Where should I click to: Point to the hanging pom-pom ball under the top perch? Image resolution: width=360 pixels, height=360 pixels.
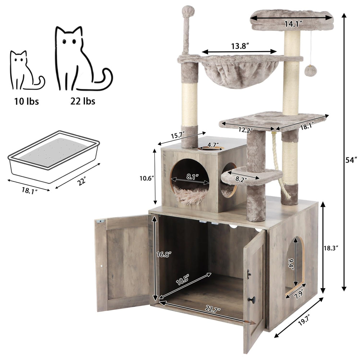pos(309,70)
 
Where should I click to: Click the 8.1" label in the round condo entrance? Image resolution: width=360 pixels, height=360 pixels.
pos(191,177)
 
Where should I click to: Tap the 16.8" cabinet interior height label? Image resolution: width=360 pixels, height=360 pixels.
pos(164,253)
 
